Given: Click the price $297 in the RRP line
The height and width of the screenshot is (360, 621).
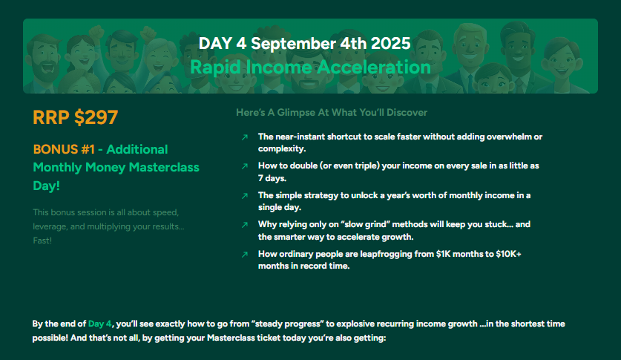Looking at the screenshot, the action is pyautogui.click(x=96, y=117).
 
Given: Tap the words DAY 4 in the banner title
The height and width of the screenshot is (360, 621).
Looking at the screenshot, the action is pyautogui.click(x=222, y=43).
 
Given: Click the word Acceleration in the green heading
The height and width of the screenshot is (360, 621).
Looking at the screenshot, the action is pyautogui.click(x=374, y=67).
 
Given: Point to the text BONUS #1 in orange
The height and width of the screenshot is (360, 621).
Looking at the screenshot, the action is pyautogui.click(x=64, y=149).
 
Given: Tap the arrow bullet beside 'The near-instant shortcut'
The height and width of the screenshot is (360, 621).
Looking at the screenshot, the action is pyautogui.click(x=245, y=137).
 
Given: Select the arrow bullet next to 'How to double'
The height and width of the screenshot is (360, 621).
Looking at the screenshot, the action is pyautogui.click(x=245, y=166).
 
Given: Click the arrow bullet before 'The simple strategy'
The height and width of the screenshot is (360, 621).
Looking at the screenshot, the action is pyautogui.click(x=245, y=196).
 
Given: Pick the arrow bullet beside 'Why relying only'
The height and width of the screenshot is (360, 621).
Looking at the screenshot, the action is pyautogui.click(x=245, y=225).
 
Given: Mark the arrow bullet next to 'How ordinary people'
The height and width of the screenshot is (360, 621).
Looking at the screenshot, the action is pyautogui.click(x=245, y=255).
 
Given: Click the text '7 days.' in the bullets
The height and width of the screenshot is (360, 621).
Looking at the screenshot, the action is pyautogui.click(x=272, y=178).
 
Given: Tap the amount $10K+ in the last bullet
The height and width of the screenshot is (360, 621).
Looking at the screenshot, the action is pyautogui.click(x=508, y=254).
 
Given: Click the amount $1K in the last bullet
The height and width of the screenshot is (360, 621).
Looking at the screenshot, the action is pyautogui.click(x=443, y=254).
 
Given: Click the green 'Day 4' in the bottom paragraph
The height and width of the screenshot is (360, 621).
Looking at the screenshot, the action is pyautogui.click(x=100, y=324).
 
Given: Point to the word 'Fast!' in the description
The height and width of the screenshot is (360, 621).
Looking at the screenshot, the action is pyautogui.click(x=42, y=240).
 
